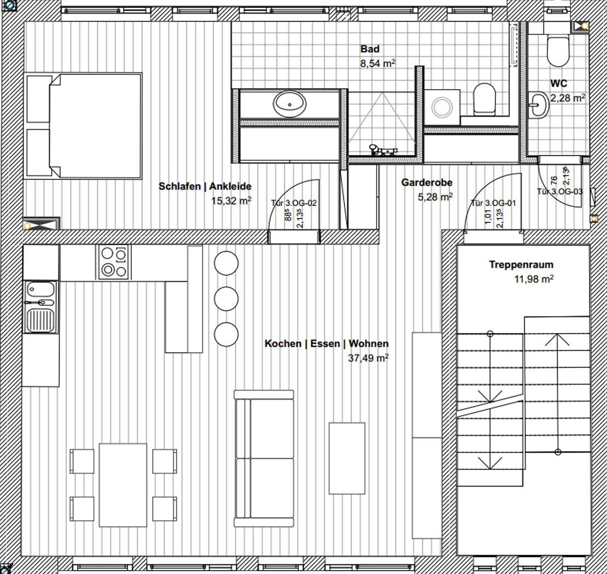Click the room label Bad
point(370,49)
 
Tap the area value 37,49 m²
point(368,358)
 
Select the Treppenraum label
point(521,264)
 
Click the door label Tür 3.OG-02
point(294,203)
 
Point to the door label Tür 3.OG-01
point(493,203)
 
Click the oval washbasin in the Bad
point(290,104)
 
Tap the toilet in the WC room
point(558,50)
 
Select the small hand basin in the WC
point(538,104)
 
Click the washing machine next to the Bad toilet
point(442,107)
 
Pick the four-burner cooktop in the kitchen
point(114,262)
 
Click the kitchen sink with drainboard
point(40,307)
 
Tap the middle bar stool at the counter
point(226,299)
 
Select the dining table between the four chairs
point(123,485)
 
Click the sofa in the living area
point(264,459)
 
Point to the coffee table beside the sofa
point(347,458)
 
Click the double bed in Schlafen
point(83,126)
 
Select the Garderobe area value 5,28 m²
point(435,197)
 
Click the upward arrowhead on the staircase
point(557,340)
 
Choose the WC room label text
point(559,83)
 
